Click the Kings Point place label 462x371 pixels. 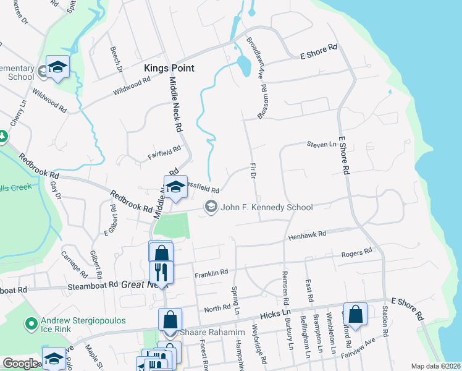click(169, 68)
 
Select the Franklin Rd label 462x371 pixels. click(211, 272)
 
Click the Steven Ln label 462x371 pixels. click(321, 144)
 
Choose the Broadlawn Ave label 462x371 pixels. click(256, 58)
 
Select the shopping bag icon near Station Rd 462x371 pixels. click(355, 313)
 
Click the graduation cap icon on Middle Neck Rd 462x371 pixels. click(175, 187)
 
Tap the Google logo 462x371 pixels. click(20, 364)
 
